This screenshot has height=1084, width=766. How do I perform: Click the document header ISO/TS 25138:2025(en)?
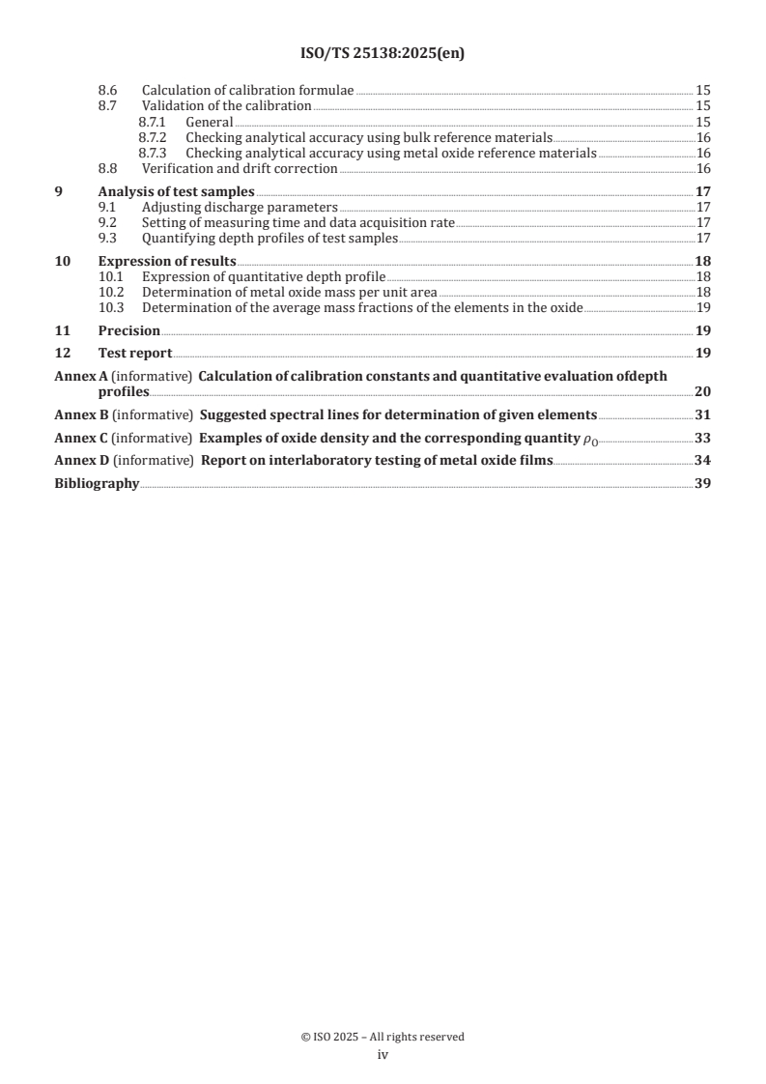click(383, 54)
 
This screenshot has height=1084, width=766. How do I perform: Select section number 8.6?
click(111, 90)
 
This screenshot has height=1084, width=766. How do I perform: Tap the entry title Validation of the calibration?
click(227, 105)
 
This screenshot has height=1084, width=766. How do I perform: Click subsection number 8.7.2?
click(156, 137)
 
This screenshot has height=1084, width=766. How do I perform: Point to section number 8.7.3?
click(156, 153)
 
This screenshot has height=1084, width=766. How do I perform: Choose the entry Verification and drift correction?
click(240, 168)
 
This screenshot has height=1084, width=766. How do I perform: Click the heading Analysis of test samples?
click(163, 191)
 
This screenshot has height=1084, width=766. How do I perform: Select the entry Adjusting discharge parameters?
click(240, 207)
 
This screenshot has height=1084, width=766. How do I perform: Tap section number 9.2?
click(111, 222)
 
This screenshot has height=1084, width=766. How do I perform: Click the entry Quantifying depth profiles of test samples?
click(270, 238)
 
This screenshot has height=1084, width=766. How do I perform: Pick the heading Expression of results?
click(167, 261)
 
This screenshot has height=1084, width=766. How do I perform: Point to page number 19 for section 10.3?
click(703, 307)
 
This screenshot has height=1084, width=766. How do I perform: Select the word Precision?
click(129, 330)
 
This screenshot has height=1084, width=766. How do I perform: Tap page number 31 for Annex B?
click(703, 415)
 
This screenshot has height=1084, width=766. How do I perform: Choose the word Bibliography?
click(97, 483)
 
